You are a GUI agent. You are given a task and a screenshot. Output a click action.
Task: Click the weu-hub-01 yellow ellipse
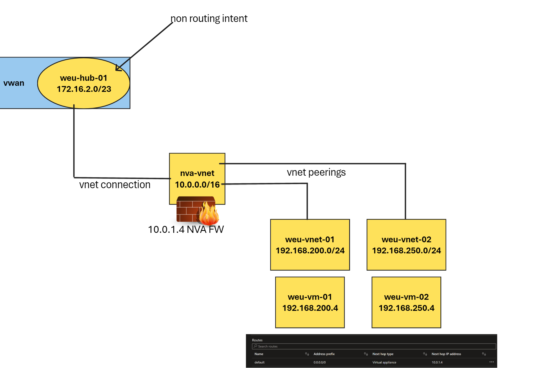pyautogui.click(x=83, y=83)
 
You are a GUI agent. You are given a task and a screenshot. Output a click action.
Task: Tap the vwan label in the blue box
pyautogui.click(x=14, y=83)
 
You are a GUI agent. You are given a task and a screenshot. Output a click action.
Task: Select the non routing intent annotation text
pyautogui.click(x=209, y=19)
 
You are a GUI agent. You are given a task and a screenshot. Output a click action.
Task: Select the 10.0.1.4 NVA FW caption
pyautogui.click(x=186, y=230)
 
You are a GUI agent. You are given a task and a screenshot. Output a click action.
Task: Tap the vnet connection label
pyautogui.click(x=115, y=185)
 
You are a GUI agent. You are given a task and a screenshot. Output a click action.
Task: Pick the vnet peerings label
pyautogui.click(x=316, y=172)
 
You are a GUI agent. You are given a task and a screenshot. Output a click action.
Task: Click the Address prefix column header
pyautogui.click(x=324, y=354)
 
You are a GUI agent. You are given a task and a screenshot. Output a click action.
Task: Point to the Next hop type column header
pyautogui.click(x=383, y=354)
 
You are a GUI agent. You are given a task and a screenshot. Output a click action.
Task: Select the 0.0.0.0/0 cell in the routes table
pyautogui.click(x=319, y=362)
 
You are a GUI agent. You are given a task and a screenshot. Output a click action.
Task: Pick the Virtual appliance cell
pyautogui.click(x=384, y=362)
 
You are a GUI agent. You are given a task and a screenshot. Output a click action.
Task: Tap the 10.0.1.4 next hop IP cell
pyautogui.click(x=437, y=362)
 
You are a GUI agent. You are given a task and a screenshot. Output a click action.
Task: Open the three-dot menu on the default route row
pyautogui.click(x=491, y=362)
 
